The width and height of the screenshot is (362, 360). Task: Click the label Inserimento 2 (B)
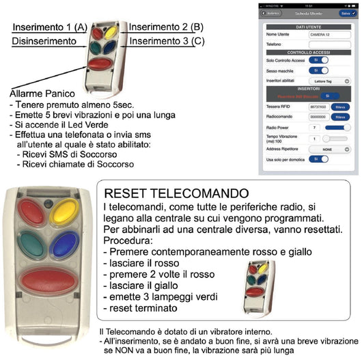click(165, 27)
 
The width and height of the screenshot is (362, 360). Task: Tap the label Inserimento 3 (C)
click(166, 42)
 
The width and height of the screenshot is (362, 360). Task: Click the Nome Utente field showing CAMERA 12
click(329, 34)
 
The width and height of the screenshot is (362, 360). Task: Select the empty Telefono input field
click(329, 45)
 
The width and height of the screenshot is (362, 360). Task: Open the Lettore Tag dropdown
click(329, 81)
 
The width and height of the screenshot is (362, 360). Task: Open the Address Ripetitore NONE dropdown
click(329, 148)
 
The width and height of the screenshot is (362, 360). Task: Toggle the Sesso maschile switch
click(318, 70)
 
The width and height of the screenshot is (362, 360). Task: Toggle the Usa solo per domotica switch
click(318, 158)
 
